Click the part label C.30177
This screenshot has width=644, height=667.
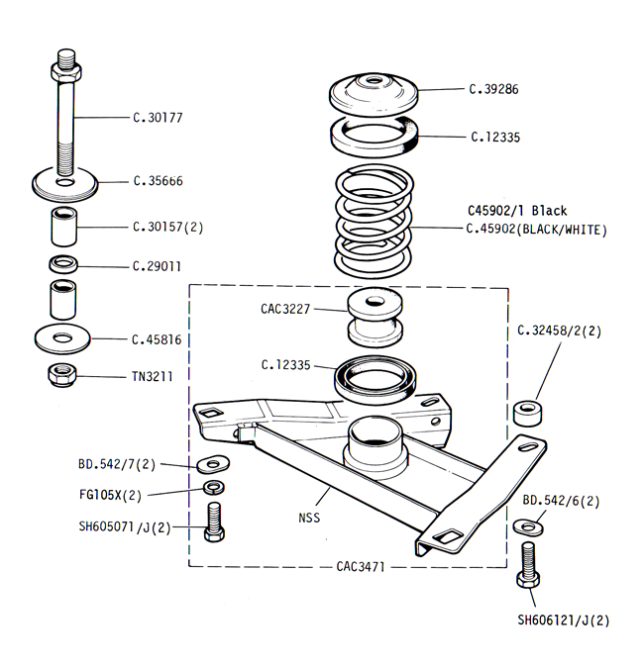[158, 118]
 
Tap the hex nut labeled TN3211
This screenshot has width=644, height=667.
[62, 375]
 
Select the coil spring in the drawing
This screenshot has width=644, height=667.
[374, 222]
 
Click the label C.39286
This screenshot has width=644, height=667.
[493, 89]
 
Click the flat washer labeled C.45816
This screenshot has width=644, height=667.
[62, 339]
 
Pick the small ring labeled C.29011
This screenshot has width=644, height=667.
[63, 264]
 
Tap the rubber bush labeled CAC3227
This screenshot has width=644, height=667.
[376, 317]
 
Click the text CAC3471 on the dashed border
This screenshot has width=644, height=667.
[361, 567]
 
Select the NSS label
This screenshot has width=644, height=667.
[309, 518]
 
